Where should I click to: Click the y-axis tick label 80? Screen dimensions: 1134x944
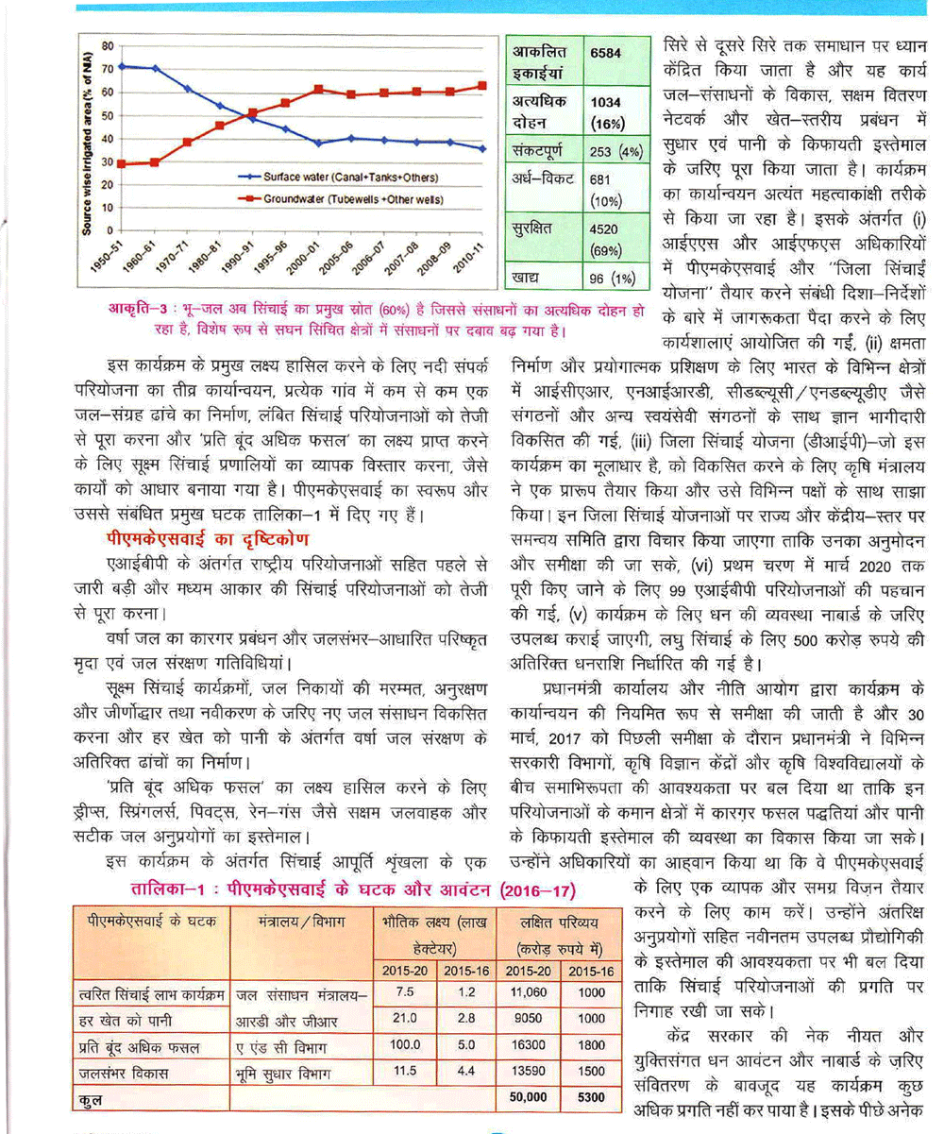tap(108, 45)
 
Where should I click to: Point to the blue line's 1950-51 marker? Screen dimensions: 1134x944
tap(123, 66)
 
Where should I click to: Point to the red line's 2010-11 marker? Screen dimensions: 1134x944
tap(482, 85)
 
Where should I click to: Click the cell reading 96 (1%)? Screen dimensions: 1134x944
tap(613, 280)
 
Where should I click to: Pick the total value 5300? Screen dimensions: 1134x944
tap(591, 1097)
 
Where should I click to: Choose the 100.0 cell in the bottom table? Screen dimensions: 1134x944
tap(406, 1045)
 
